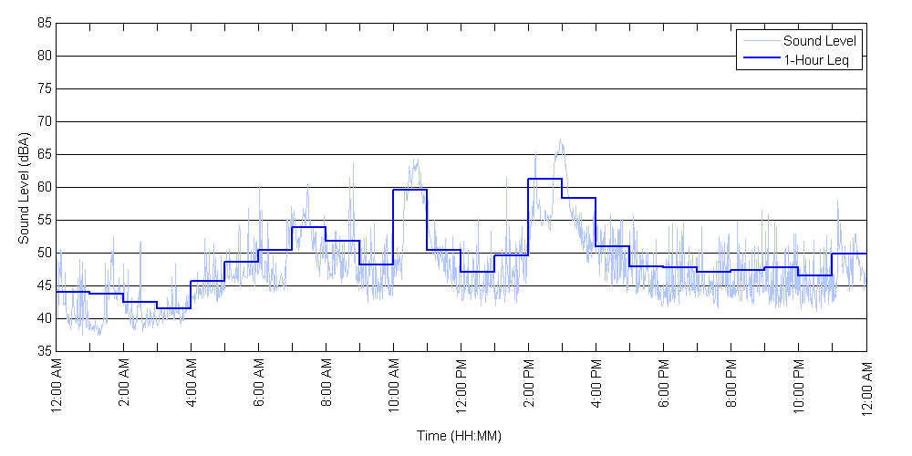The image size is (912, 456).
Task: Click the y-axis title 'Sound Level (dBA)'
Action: [24, 187]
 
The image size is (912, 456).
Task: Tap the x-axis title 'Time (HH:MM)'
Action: [460, 436]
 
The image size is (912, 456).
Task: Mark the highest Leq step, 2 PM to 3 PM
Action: [544, 179]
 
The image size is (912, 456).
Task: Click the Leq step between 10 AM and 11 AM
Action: [409, 190]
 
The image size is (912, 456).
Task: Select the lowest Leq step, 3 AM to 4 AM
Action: [173, 308]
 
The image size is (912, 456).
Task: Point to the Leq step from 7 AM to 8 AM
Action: [308, 227]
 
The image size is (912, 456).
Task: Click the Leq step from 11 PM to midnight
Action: [849, 254]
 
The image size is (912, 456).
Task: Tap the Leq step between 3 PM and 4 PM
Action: [578, 198]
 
